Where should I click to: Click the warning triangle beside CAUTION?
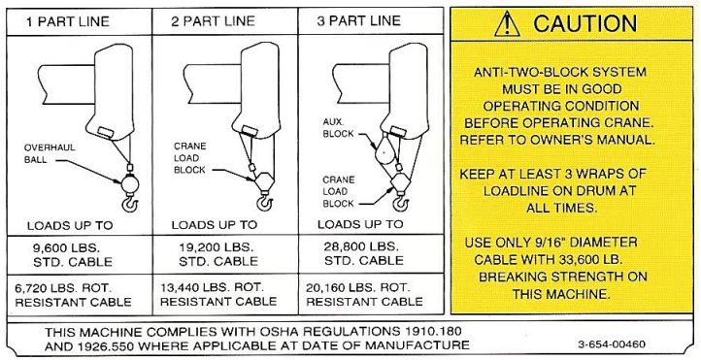coord(507,25)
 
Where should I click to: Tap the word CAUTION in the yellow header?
coord(584,23)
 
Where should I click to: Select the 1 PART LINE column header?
coord(68,22)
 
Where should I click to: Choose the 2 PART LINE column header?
coord(213,21)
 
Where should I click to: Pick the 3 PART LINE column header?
coord(358,21)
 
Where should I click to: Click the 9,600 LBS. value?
coord(66,247)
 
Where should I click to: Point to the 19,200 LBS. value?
coord(217,247)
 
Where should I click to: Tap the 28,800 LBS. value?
coord(361,246)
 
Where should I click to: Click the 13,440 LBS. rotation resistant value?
coord(213,288)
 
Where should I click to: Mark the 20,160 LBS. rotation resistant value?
coord(358,288)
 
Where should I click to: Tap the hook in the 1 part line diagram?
coord(130,203)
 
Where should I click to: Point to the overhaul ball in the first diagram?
coord(129,183)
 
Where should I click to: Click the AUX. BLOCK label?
coord(339,127)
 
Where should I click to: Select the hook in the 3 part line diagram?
coord(400,202)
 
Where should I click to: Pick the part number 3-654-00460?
coord(612,344)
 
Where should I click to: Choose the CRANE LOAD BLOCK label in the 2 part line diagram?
coord(190,158)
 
